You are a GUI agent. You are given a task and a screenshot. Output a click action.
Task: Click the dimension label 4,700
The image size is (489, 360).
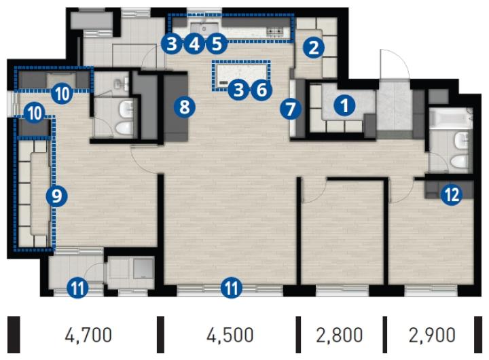[88, 335]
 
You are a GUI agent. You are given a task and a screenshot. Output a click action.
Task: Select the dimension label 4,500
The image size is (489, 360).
[230, 335]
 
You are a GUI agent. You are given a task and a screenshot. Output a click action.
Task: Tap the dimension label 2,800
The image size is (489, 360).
[340, 335]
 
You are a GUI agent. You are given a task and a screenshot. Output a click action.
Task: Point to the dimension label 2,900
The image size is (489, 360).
[432, 335]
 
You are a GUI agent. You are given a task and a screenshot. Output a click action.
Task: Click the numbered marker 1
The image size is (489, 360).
[344, 106]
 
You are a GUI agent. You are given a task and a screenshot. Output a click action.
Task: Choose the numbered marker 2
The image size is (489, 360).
[313, 48]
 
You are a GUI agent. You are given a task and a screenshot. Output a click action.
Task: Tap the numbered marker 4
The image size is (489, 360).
[194, 44]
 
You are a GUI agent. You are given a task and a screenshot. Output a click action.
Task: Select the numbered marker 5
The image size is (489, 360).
[217, 44]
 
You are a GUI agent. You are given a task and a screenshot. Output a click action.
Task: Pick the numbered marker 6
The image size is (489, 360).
[261, 90]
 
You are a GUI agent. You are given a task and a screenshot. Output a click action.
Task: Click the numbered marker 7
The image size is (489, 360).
[291, 109]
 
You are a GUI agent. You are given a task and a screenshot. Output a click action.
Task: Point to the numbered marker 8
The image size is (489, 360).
[185, 107]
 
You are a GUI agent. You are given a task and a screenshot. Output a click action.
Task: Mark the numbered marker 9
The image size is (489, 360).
[56, 196]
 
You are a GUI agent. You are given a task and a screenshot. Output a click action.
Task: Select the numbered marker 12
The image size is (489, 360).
[451, 196]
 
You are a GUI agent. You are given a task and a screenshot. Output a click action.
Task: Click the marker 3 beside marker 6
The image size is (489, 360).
[238, 90]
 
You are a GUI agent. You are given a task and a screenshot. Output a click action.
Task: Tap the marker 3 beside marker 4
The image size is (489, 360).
[172, 44]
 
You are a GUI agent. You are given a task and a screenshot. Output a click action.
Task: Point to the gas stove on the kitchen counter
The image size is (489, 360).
[275, 32]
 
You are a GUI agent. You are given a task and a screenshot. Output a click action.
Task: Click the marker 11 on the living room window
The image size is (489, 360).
[231, 287]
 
